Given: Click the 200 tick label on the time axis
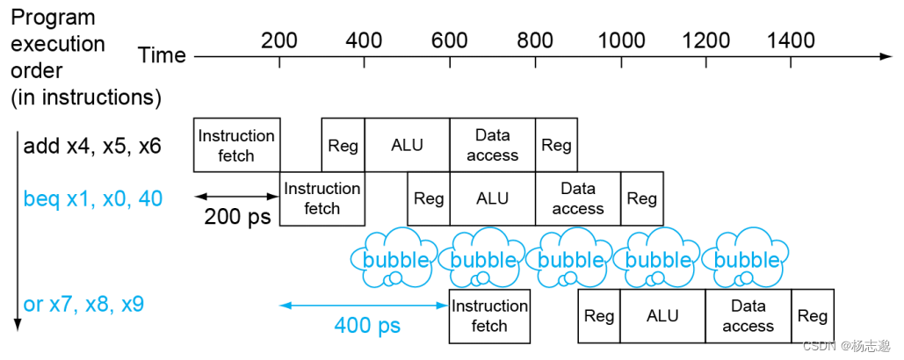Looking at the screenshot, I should click(279, 40).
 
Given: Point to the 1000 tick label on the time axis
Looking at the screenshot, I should click(621, 40).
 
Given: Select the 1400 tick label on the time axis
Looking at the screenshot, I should click(791, 40).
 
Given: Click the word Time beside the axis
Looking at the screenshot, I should click(162, 56).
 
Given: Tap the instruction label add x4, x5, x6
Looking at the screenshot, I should click(92, 146).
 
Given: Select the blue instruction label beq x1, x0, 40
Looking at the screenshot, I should click(92, 199).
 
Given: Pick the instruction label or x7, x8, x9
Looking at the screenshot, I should click(83, 305).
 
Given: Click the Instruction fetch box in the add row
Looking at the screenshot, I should click(236, 145).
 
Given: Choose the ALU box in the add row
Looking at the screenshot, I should click(407, 145).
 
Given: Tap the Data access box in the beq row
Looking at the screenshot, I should click(577, 198).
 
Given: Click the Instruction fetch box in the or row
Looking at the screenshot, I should click(489, 316).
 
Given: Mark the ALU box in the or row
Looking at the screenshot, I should click(662, 316).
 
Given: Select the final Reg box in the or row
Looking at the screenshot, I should click(813, 316).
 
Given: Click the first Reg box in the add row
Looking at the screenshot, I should click(343, 145).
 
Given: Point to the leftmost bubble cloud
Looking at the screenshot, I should click(395, 258).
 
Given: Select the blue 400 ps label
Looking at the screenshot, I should click(367, 326).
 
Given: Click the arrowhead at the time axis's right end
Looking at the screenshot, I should click(886, 56).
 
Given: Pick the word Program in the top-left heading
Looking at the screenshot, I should click(53, 18).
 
